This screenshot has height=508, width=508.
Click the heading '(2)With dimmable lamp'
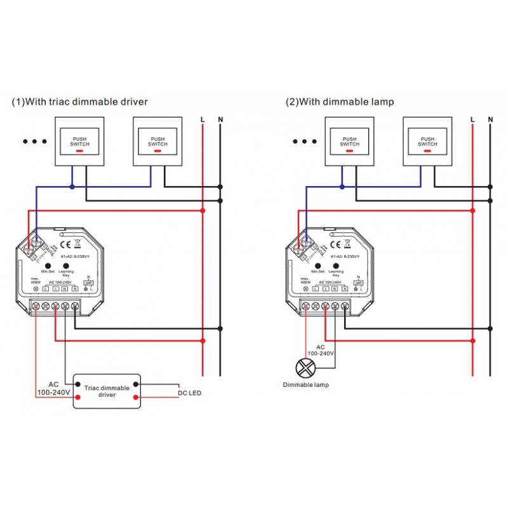pyautogui.click(x=340, y=102)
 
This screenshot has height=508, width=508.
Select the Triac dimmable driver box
pyautogui.click(x=107, y=391)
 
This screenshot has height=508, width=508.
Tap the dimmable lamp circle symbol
pyautogui.click(x=307, y=366)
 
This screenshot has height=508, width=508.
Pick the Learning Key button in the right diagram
pyautogui.click(x=335, y=263)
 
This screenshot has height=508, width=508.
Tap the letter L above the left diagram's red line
pyautogui.click(x=203, y=119)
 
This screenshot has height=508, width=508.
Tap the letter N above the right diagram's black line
pyautogui.click(x=490, y=119)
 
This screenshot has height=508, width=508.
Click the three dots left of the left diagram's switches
pyautogui.click(x=35, y=142)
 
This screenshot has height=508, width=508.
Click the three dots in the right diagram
pyautogui.click(x=305, y=142)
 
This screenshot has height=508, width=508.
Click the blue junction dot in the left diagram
pyautogui.click(x=72, y=187)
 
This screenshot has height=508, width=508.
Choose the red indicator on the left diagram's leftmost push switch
pyautogui.click(x=80, y=152)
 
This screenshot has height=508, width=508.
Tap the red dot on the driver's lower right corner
pyautogui.click(x=136, y=398)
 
